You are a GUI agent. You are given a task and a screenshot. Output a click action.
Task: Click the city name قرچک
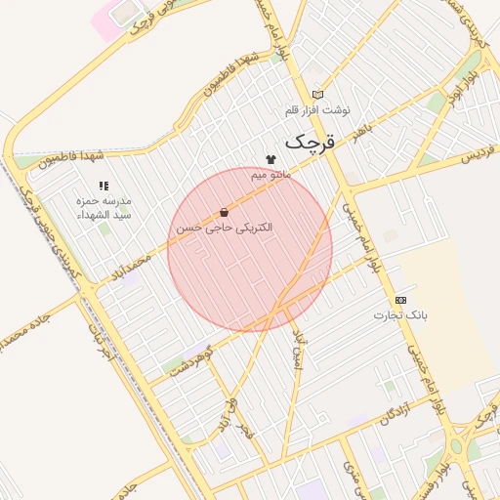tap(310, 143)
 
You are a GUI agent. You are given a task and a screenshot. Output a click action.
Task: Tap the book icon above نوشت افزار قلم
tap(317, 95)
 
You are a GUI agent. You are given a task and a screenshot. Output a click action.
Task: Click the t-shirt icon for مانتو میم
tap(271, 159)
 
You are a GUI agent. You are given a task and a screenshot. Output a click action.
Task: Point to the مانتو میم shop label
tap(271, 175)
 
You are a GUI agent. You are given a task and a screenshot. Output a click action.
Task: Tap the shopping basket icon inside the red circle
tap(225, 212)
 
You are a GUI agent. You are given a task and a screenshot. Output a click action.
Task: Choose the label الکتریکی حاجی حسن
tap(224, 227)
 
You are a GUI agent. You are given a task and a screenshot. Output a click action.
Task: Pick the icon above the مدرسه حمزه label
tap(104, 185)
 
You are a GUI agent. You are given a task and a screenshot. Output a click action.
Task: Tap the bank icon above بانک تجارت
tap(400, 300)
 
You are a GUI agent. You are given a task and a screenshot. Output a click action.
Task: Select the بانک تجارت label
tap(400, 315)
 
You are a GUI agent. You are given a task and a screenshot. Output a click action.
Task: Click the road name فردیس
tap(479, 153)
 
